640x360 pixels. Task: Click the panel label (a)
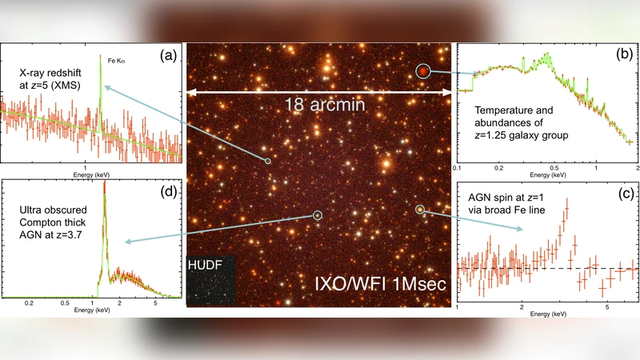pos(168,55)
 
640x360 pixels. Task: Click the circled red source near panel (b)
pos(422,72)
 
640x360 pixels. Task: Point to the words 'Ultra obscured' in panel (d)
pos(50,210)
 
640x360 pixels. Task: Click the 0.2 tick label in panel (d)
pos(30,304)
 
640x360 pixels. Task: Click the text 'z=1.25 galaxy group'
pos(521,135)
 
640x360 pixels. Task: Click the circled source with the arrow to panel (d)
pos(318,214)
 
